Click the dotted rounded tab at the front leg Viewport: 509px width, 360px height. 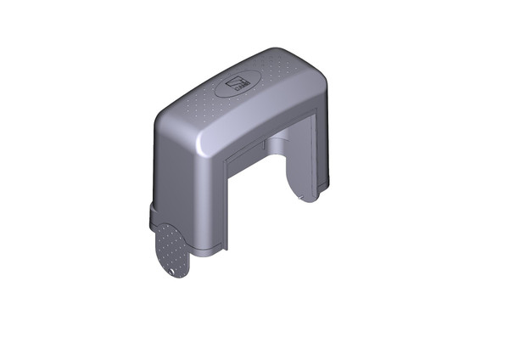click(171, 249)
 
